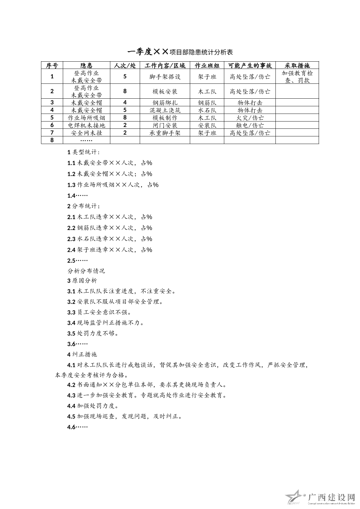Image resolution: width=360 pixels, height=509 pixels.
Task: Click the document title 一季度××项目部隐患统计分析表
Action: coord(180,52)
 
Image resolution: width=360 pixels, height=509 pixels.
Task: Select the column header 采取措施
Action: coord(297,66)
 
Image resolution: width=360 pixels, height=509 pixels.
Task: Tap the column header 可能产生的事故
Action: coord(250,66)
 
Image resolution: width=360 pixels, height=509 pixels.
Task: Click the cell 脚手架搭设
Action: coord(165,77)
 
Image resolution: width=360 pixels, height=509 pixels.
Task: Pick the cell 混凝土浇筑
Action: coord(165,110)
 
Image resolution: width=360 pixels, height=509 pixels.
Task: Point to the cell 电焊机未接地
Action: coord(86,125)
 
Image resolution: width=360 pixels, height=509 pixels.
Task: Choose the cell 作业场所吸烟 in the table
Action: coord(86,118)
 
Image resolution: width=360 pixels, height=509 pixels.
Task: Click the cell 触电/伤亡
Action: coord(250,125)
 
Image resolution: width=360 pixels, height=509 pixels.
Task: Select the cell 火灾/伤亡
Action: coord(250,118)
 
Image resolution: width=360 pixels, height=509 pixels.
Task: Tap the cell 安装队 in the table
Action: coord(207,125)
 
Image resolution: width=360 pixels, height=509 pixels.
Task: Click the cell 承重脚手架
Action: coord(165,133)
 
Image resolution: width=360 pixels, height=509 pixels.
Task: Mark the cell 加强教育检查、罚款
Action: coord(297,77)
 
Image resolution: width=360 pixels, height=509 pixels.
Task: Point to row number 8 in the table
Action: coord(52,140)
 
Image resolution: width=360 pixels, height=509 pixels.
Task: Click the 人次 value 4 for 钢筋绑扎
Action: coord(125,103)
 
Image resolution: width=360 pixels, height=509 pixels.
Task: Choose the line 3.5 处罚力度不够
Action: coord(93,333)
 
